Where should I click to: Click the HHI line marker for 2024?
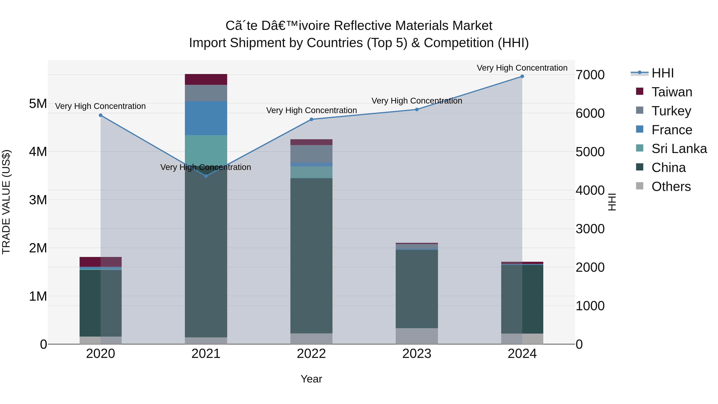tap(522, 76)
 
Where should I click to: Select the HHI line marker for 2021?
tap(206, 176)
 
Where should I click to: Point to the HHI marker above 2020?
tap(101, 115)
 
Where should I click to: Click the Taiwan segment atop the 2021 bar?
tap(206, 79)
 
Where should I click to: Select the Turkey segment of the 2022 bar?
tap(311, 154)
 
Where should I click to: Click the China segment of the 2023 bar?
tap(417, 288)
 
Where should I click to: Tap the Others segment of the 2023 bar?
tap(417, 336)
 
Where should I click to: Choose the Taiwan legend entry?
tap(672, 92)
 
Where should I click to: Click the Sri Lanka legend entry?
tap(679, 149)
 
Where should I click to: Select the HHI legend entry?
tap(663, 73)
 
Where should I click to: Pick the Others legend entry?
tap(671, 187)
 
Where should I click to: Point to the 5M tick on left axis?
tap(38, 104)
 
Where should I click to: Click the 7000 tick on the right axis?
tap(590, 75)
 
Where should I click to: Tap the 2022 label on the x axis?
tap(311, 354)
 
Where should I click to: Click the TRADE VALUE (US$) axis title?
tap(6, 202)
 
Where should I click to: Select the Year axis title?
tap(311, 379)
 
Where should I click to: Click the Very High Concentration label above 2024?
tap(522, 68)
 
